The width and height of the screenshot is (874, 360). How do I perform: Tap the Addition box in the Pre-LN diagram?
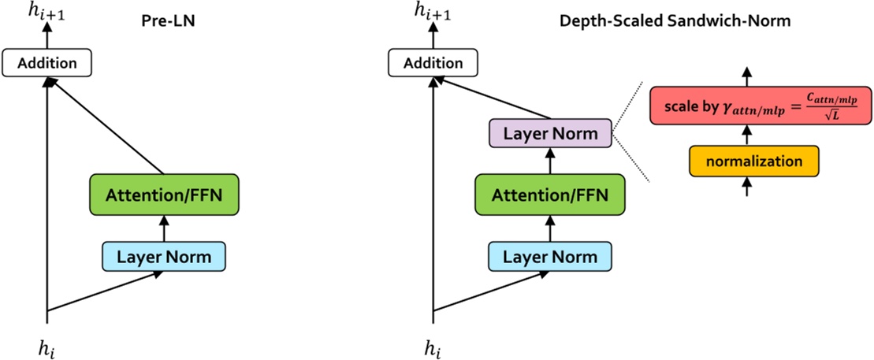46,63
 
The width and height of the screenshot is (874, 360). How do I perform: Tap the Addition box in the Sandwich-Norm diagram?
433,63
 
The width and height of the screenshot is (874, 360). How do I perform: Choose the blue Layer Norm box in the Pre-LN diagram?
163,257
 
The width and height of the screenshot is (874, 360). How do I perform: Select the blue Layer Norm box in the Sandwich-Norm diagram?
549,257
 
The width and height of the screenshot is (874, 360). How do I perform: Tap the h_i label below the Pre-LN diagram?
48,346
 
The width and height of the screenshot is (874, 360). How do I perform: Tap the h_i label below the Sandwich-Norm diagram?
433,346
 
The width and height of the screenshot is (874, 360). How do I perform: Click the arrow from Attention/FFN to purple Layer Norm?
549,161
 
